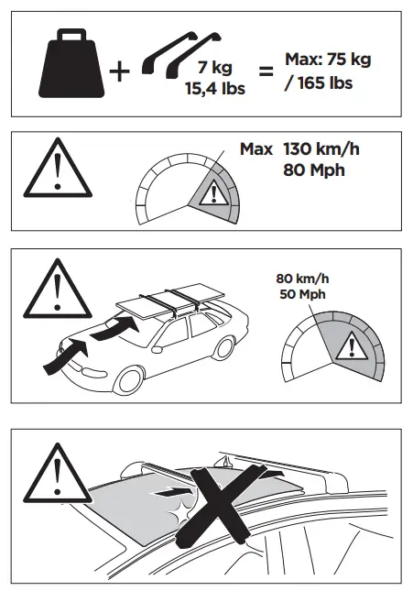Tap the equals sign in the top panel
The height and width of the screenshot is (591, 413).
coord(266,71)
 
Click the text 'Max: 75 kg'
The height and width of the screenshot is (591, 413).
coord(329,60)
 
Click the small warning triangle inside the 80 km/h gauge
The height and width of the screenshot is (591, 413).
coord(348,346)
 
